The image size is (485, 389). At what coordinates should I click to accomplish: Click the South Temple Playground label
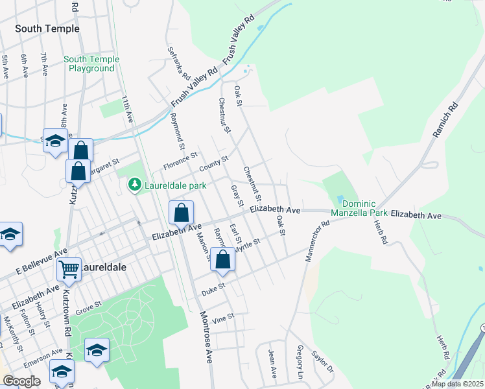pyautogui.click(x=91, y=64)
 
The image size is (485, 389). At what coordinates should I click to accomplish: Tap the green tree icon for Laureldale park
pyautogui.click(x=134, y=185)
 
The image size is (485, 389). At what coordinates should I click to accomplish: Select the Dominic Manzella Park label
pyautogui.click(x=359, y=207)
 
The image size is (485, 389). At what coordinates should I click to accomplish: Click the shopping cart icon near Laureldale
pyautogui.click(x=69, y=268)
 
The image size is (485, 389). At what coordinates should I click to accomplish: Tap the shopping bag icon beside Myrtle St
pyautogui.click(x=222, y=259)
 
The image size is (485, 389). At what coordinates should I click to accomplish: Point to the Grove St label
pyautogui.click(x=89, y=303)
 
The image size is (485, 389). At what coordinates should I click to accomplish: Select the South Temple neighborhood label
pyautogui.click(x=47, y=29)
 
